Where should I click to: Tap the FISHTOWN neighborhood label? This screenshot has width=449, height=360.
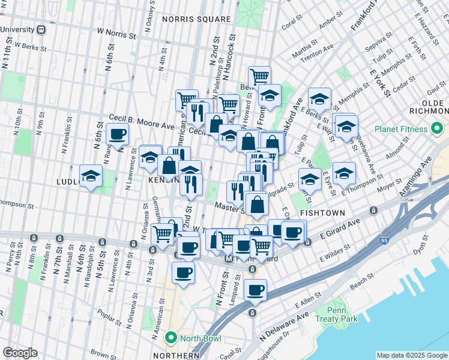click(322, 213)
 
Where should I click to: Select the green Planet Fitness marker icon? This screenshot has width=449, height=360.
click(436, 129)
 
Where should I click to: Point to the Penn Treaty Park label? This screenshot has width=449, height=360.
click(342, 314)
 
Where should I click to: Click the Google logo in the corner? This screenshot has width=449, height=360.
click(20, 352)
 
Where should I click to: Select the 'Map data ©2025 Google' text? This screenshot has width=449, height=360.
click(412, 355)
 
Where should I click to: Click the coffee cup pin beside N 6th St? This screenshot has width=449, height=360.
click(117, 134)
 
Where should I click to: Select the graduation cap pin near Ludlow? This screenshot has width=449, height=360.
click(91, 176)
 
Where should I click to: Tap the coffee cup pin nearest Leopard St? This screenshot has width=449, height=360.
click(255, 290)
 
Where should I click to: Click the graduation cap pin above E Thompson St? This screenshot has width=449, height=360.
click(344, 173)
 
